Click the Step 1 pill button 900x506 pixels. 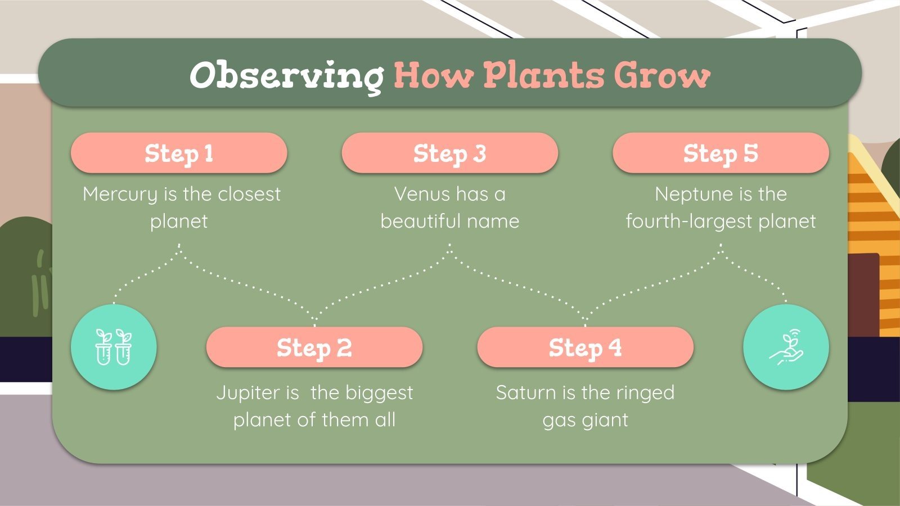[x=179, y=153]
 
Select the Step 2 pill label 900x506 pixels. [x=314, y=347]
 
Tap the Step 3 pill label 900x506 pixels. [x=449, y=153]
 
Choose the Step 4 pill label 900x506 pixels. [x=585, y=347]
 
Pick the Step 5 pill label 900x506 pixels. [x=721, y=153]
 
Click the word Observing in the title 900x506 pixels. [x=287, y=76]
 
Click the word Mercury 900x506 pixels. [x=120, y=195]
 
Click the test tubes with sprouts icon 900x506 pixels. [x=114, y=347]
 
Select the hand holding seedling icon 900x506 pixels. [x=786, y=347]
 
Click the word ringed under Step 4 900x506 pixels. [x=644, y=393]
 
